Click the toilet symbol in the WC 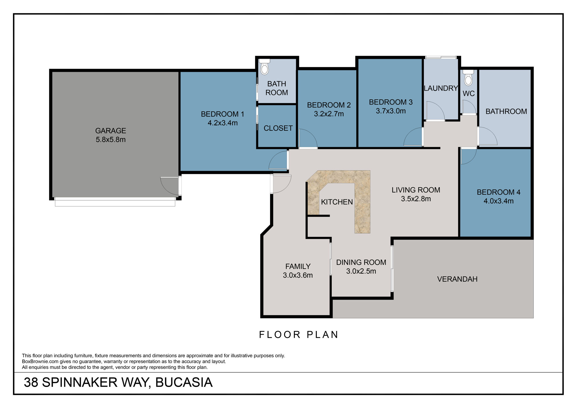[x=469, y=79]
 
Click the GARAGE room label [x=110, y=131]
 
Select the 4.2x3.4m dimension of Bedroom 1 [x=222, y=123]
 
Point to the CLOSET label [x=278, y=128]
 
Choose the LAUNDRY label [x=441, y=88]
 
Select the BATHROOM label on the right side [x=506, y=111]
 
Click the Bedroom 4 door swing [x=468, y=156]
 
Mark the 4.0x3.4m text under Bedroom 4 [x=499, y=201]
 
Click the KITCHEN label [x=337, y=202]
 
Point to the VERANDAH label [x=457, y=279]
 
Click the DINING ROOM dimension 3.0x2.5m [x=361, y=271]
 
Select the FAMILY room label [x=298, y=266]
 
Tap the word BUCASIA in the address [x=184, y=382]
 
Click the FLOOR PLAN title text [x=299, y=335]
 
